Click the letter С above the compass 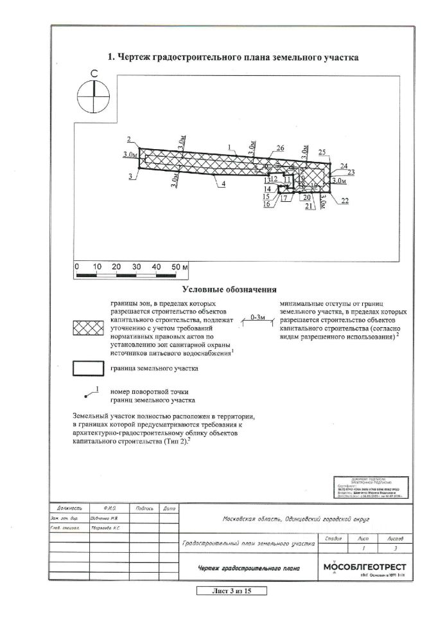coord(94,75)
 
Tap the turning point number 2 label coord(129,139)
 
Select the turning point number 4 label coord(223,184)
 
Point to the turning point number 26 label coord(279,148)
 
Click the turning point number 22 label coord(345,201)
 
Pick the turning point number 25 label coord(322,152)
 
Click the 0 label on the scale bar coord(76,266)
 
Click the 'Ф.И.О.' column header coord(107,508)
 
